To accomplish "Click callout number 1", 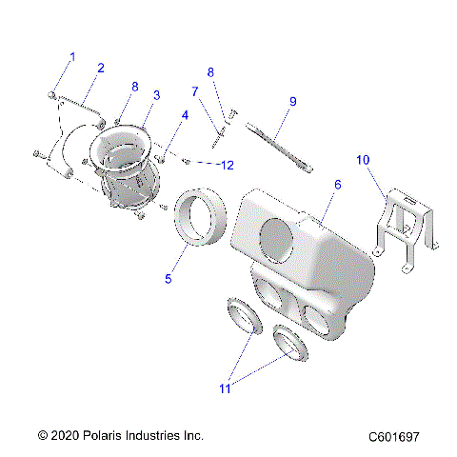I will tap(71, 58).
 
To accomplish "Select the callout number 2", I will tap(101, 69).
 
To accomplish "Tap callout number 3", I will tap(156, 95).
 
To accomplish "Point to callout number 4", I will tap(184, 117).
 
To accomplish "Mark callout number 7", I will tap(194, 92).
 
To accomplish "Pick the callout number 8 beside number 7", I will tap(211, 71).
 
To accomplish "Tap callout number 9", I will tap(293, 101).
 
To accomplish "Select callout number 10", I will tap(362, 160).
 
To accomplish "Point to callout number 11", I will tap(224, 388).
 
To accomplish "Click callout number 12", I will tap(226, 166).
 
